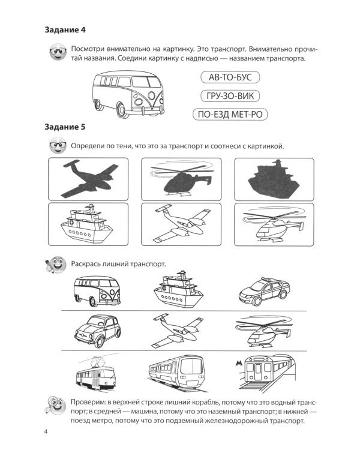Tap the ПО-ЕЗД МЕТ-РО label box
coord(230,115)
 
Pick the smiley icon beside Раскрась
coord(56,264)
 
